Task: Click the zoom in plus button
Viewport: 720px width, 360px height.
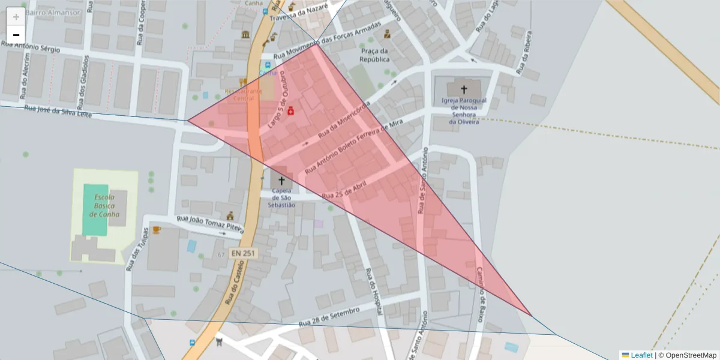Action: [16, 17]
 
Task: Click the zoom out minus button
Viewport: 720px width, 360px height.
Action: [16, 35]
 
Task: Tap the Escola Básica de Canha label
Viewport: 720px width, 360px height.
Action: [104, 206]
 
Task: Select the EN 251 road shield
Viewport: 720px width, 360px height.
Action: [244, 254]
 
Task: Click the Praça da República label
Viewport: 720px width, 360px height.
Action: [375, 55]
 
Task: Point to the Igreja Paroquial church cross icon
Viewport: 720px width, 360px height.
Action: [464, 89]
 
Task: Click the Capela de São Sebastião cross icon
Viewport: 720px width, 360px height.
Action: [281, 180]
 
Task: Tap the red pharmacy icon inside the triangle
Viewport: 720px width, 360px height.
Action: [290, 111]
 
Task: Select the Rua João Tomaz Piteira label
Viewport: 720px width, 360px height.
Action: [210, 224]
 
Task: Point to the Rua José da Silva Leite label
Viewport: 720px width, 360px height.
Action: [58, 111]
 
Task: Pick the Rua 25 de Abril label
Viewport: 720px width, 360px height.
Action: [344, 191]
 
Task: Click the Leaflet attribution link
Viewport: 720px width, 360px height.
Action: [641, 355]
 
